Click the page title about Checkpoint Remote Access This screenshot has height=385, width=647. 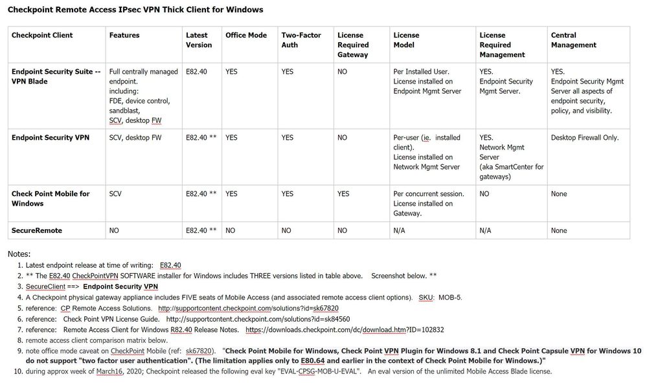coord(135,10)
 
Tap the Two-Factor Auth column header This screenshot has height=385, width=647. coord(301,40)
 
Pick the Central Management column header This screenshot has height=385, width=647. coord(573,40)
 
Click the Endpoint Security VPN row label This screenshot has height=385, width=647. coord(51,138)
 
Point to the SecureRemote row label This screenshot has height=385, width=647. coord(37,230)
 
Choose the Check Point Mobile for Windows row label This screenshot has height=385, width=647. coord(51,199)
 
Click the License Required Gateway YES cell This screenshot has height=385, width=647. coord(343,194)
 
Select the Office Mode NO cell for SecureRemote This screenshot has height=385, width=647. coord(230,230)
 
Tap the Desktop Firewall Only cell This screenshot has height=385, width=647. coord(585,138)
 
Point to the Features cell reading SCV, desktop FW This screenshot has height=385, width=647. coord(135,138)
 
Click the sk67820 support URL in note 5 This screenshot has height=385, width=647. coord(248,309)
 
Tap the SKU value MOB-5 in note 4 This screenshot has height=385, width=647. coord(450,298)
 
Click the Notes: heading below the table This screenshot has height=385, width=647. coord(19,254)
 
